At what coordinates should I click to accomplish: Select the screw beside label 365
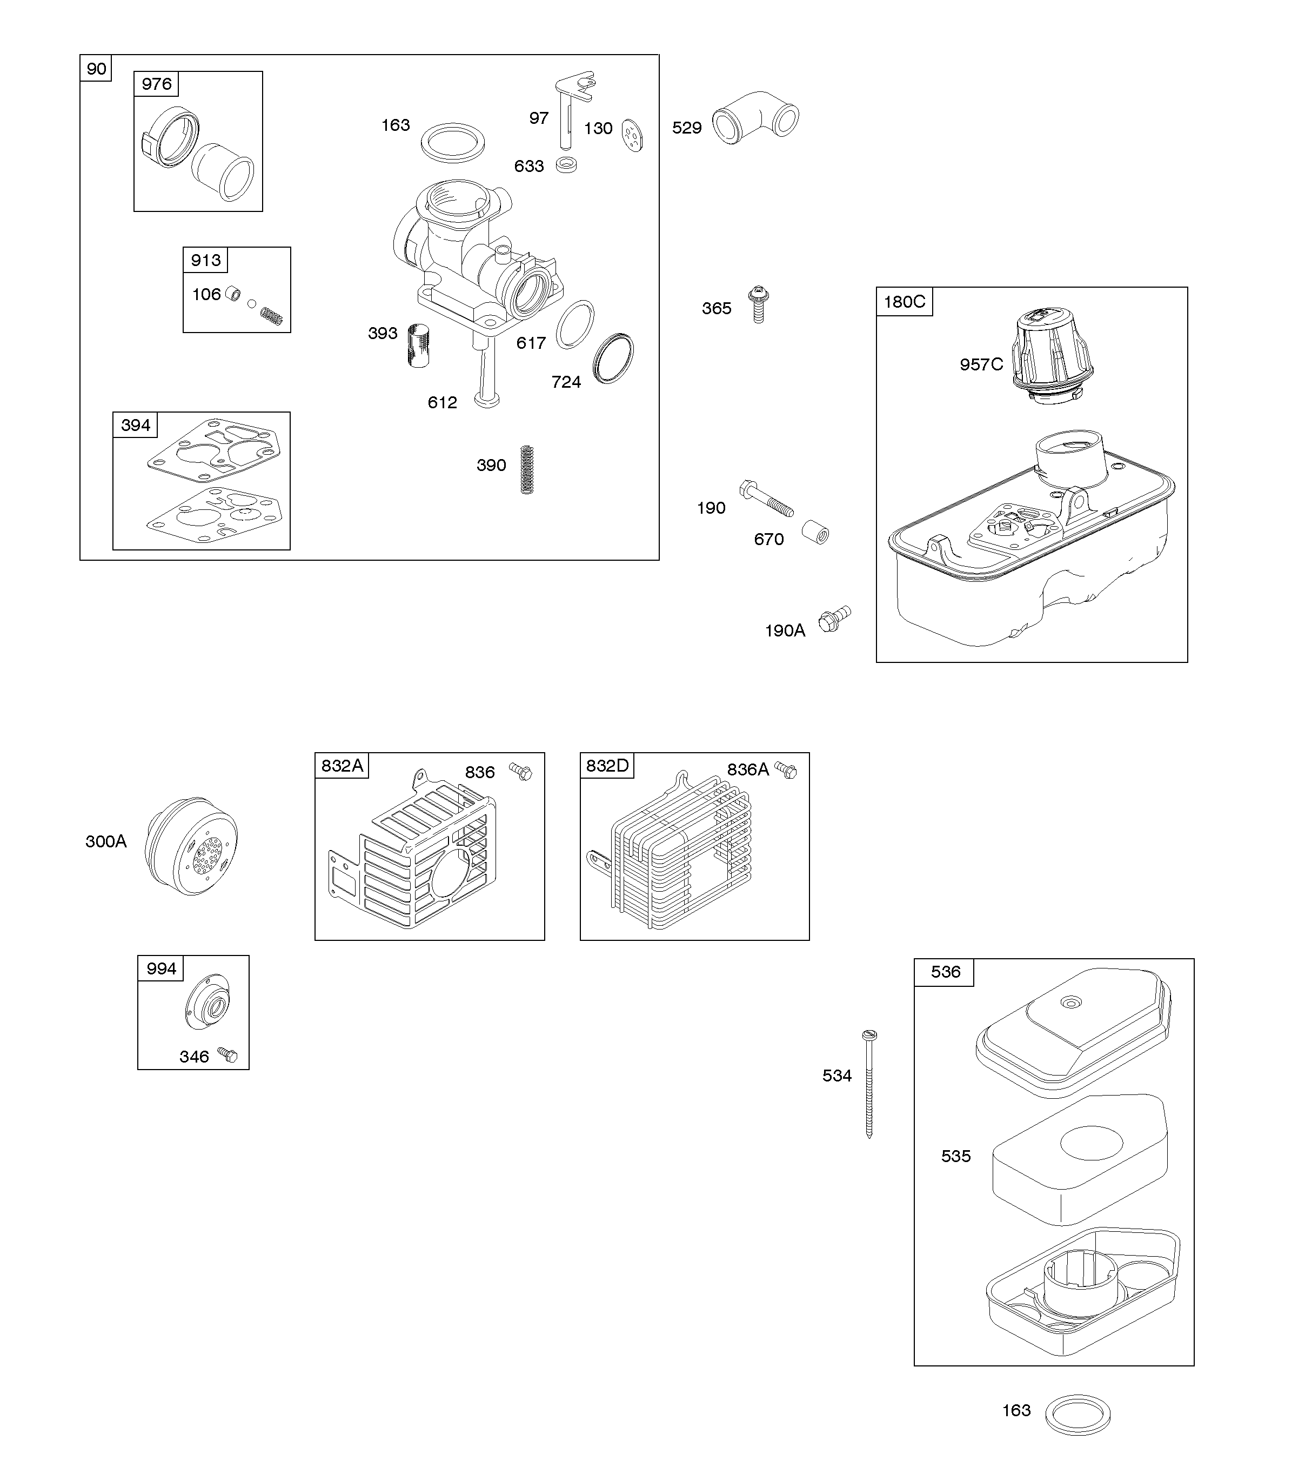click(x=757, y=304)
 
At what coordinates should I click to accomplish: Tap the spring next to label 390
click(x=527, y=470)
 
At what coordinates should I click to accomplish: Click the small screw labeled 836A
click(x=787, y=771)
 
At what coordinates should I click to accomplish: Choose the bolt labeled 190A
click(x=834, y=620)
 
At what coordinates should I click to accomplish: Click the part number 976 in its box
click(x=156, y=84)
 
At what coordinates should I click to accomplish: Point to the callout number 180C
click(x=904, y=301)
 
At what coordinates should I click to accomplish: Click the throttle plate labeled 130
click(x=632, y=134)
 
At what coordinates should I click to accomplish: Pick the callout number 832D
click(x=607, y=766)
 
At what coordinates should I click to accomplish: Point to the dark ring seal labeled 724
click(x=614, y=358)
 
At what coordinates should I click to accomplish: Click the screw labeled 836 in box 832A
click(x=521, y=772)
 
